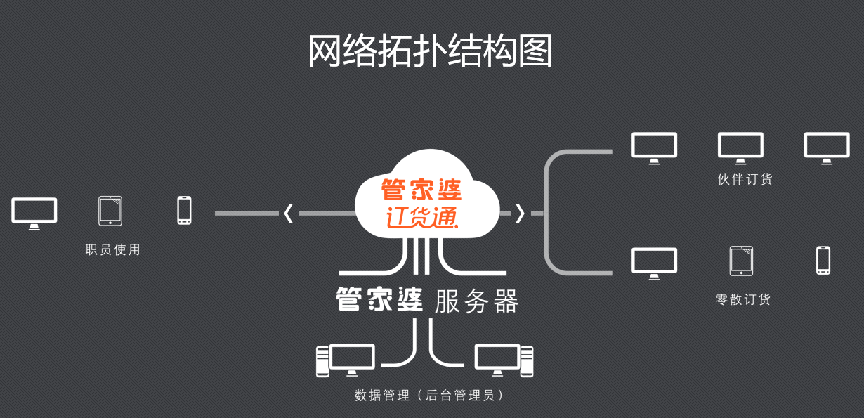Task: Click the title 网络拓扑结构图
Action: (x=430, y=51)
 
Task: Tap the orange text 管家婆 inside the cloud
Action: (x=421, y=190)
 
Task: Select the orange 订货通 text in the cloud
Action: (x=421, y=216)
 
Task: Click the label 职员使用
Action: (x=113, y=249)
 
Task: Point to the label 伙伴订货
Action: (x=745, y=179)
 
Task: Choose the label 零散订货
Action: (x=743, y=299)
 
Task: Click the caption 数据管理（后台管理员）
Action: (x=430, y=395)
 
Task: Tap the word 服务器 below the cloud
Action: (x=476, y=301)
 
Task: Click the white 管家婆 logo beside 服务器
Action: (x=379, y=300)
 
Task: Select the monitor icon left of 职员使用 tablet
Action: (x=34, y=213)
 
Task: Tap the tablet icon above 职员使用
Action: (x=110, y=211)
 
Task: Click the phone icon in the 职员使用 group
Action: (x=184, y=211)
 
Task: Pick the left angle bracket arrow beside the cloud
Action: (x=288, y=213)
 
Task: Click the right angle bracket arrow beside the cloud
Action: (x=520, y=213)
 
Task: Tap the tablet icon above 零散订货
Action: (x=741, y=261)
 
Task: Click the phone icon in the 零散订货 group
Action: (x=823, y=260)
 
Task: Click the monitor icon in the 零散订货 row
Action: (x=654, y=263)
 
